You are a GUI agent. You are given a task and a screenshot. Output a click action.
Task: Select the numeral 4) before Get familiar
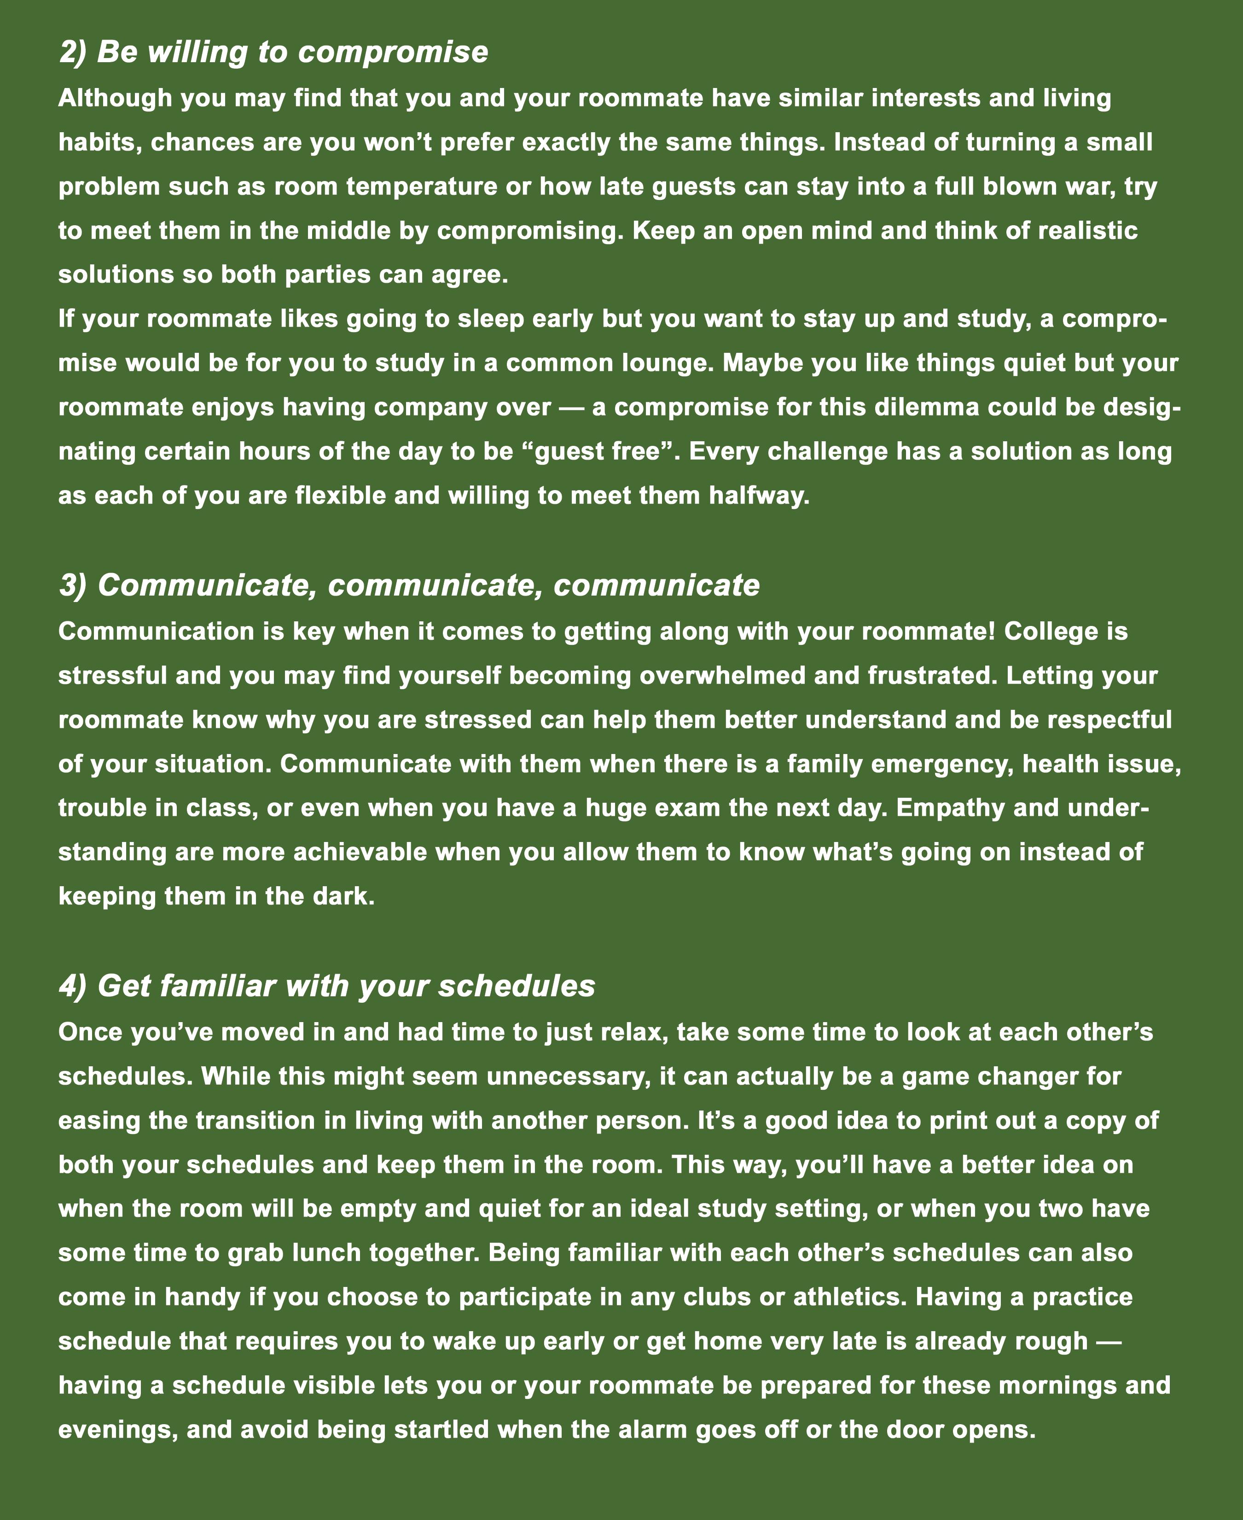(73, 986)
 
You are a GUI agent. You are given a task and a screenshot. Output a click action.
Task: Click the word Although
(115, 98)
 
